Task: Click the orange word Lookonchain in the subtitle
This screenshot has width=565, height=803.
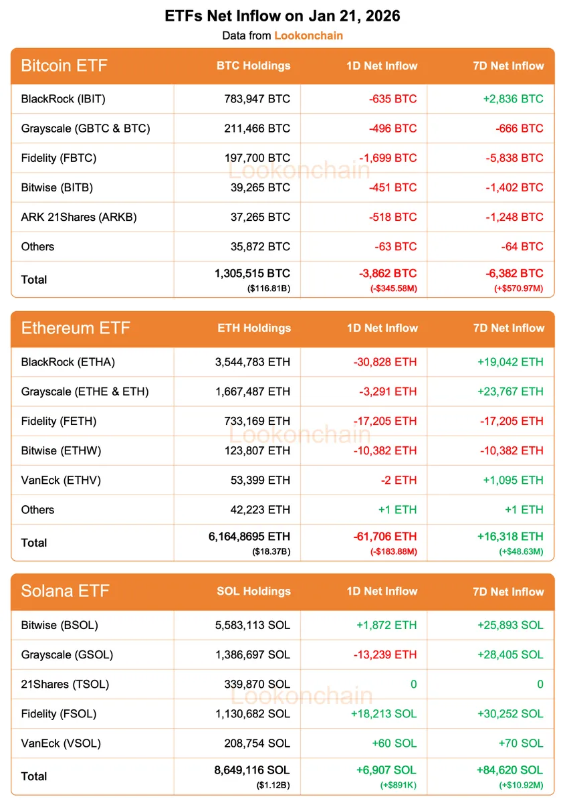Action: (x=308, y=35)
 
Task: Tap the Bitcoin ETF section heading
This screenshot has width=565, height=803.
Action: (x=64, y=66)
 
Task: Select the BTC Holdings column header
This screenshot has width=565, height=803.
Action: (x=253, y=66)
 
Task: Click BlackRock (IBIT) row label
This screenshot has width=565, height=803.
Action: (x=64, y=99)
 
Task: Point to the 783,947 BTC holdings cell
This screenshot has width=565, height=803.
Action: (x=257, y=99)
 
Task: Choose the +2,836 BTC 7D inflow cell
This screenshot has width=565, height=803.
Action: (x=513, y=99)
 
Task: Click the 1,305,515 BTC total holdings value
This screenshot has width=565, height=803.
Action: (x=252, y=274)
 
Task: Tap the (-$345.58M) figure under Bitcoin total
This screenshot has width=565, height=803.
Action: (x=392, y=288)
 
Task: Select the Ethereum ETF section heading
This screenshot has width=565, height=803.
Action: (x=76, y=328)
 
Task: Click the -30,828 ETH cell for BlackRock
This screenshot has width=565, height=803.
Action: (x=384, y=362)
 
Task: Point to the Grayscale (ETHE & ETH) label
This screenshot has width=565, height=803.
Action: (x=85, y=391)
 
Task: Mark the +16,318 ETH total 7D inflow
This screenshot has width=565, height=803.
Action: (x=511, y=537)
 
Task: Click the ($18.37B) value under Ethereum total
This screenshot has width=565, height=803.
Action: (x=271, y=551)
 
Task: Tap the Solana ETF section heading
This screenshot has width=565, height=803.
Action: (x=65, y=591)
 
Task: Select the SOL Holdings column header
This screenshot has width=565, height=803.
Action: (x=253, y=591)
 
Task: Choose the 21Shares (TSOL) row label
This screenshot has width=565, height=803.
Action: (x=65, y=684)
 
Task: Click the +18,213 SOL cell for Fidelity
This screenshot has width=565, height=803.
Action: (x=384, y=713)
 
